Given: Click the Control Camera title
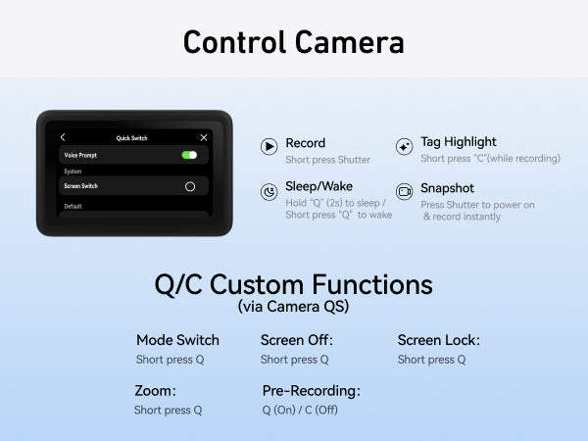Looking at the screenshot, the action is [x=294, y=42].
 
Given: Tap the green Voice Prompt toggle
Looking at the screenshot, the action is [x=189, y=155].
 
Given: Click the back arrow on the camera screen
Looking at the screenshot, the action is [x=63, y=137].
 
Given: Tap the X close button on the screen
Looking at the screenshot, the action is [x=204, y=137].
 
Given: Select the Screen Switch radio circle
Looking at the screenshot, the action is [x=190, y=186].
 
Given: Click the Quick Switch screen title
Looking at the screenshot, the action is [x=131, y=138].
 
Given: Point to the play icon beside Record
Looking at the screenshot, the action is [x=269, y=146].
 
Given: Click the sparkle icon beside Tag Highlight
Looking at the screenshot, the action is [x=404, y=146].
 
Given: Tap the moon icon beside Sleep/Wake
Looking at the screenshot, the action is [x=269, y=192].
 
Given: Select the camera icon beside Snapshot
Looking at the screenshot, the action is [x=404, y=192].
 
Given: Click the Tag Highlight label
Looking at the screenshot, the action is [x=459, y=142].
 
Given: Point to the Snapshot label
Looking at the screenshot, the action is [x=448, y=188].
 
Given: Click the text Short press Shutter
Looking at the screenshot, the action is [x=327, y=160].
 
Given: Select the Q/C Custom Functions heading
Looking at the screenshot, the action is [x=294, y=284].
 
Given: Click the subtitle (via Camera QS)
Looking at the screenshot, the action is [x=293, y=307].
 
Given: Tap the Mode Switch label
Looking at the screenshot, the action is [x=177, y=340].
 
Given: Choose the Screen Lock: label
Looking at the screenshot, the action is [x=439, y=340].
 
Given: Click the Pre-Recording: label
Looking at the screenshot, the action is [x=312, y=391].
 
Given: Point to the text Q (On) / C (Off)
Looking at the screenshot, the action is [x=300, y=410].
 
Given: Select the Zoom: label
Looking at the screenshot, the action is [x=155, y=391].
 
